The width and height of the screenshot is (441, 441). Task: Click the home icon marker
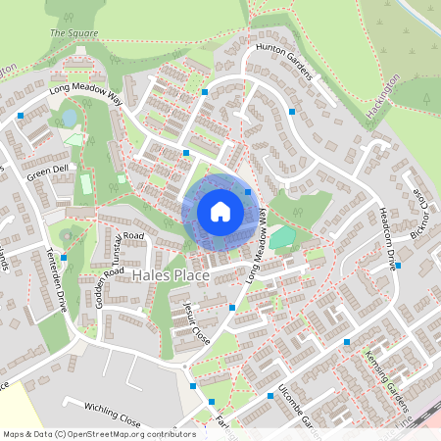pyautogui.click(x=220, y=212)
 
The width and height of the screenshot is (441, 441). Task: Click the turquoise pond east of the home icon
pyautogui.click(x=281, y=236)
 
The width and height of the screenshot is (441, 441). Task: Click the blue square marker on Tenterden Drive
pyautogui.click(x=64, y=258)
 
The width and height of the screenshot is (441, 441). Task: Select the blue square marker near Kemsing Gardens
pyautogui.click(x=347, y=342)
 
